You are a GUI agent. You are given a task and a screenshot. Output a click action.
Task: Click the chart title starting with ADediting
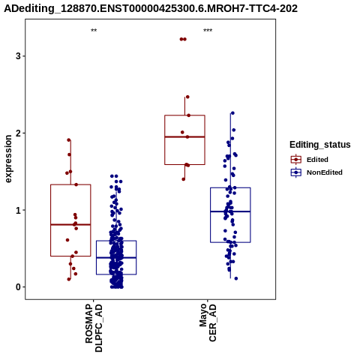point(151,8)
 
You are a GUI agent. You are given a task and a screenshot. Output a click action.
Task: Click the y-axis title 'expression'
point(8,159)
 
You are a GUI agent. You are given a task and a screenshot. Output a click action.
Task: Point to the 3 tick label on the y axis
point(18,56)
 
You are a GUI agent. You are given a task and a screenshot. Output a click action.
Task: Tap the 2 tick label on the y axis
point(18,133)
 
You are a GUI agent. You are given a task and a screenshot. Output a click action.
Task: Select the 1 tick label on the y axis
point(18,210)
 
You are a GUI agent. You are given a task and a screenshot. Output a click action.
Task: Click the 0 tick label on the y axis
point(18,287)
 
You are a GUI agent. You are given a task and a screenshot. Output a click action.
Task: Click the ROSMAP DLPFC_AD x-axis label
point(94,328)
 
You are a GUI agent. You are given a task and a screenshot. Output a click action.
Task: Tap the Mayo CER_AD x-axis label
point(208,322)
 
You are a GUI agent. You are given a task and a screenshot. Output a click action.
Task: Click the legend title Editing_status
point(320,145)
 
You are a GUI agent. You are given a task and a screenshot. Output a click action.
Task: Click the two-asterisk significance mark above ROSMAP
point(94,31)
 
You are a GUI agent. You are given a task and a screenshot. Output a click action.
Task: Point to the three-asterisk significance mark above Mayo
point(208,31)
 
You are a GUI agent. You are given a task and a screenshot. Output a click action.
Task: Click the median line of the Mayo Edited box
point(184,136)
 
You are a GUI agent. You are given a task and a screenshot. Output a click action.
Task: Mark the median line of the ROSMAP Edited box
point(70,224)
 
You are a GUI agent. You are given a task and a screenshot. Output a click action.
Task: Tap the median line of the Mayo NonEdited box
point(230,211)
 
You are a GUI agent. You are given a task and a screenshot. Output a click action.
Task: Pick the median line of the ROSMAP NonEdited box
point(116,257)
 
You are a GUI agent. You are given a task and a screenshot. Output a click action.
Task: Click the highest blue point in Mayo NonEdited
point(232,113)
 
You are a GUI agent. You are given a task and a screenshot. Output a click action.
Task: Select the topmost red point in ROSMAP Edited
point(69,140)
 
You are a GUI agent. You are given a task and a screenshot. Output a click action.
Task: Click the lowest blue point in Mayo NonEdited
point(235,278)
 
